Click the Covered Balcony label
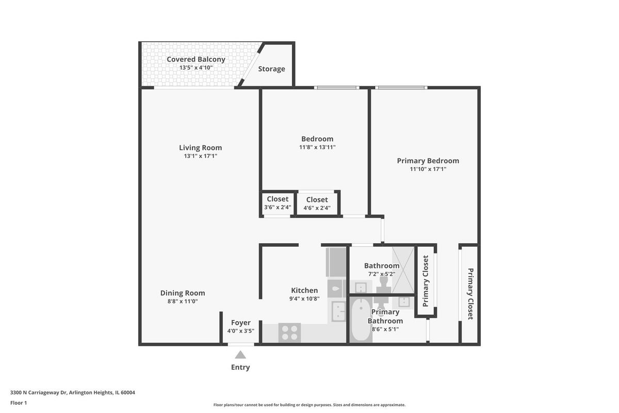tap(196, 59)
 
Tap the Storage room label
tap(271, 69)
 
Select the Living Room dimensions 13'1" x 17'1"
tap(201, 156)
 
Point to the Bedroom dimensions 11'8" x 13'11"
tap(317, 147)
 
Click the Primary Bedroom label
tap(428, 161)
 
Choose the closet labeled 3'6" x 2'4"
tap(278, 203)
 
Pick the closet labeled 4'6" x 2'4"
tap(317, 203)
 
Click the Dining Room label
tap(183, 293)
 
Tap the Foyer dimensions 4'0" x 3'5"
tap(241, 331)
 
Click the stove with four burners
tap(289, 333)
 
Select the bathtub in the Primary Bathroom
tap(361, 320)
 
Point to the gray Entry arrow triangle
tap(240, 355)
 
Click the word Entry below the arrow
tap(240, 368)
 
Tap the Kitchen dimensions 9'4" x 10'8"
tap(304, 299)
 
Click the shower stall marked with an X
tap(403, 270)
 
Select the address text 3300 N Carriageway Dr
tap(38, 392)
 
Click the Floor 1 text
tap(19, 403)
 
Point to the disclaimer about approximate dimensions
tap(309, 405)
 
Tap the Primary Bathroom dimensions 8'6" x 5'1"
tap(385, 329)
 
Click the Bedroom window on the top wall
tap(336, 88)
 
